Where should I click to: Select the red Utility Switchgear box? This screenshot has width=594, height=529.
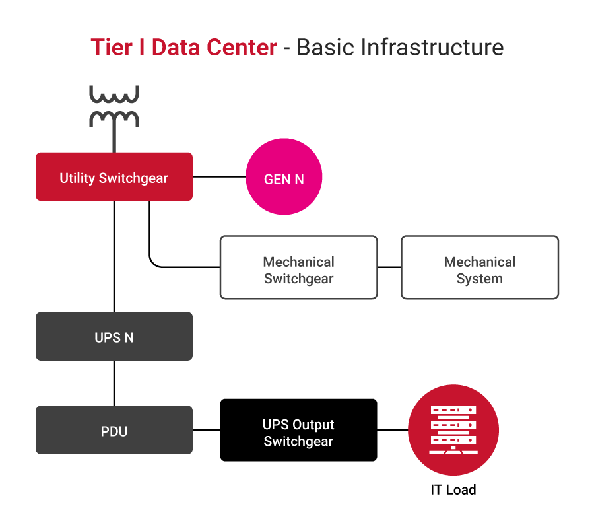click(x=114, y=176)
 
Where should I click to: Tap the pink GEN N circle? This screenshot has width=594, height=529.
click(x=284, y=177)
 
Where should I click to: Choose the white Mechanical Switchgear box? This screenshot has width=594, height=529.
click(x=298, y=267)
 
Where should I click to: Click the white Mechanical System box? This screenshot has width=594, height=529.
click(x=480, y=267)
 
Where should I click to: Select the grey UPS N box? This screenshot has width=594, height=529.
click(x=114, y=337)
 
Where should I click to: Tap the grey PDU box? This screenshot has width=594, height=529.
click(x=114, y=431)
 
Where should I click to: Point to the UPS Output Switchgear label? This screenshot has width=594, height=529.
click(x=298, y=433)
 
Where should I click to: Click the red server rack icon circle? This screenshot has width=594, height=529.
click(x=453, y=430)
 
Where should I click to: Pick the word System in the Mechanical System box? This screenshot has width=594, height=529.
click(x=480, y=279)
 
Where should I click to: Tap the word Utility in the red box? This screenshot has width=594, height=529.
click(x=77, y=178)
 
